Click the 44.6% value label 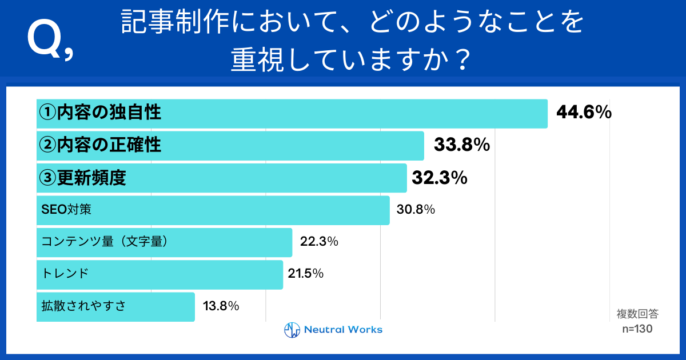point(584,113)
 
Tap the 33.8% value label point(462,145)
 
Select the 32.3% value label point(440,178)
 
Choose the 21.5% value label point(306,274)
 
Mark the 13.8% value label point(221,306)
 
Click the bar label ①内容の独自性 point(99,113)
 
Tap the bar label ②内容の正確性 point(99,145)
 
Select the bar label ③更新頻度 point(82,178)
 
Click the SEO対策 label point(66,210)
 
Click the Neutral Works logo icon point(292,330)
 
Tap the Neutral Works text point(343,330)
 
